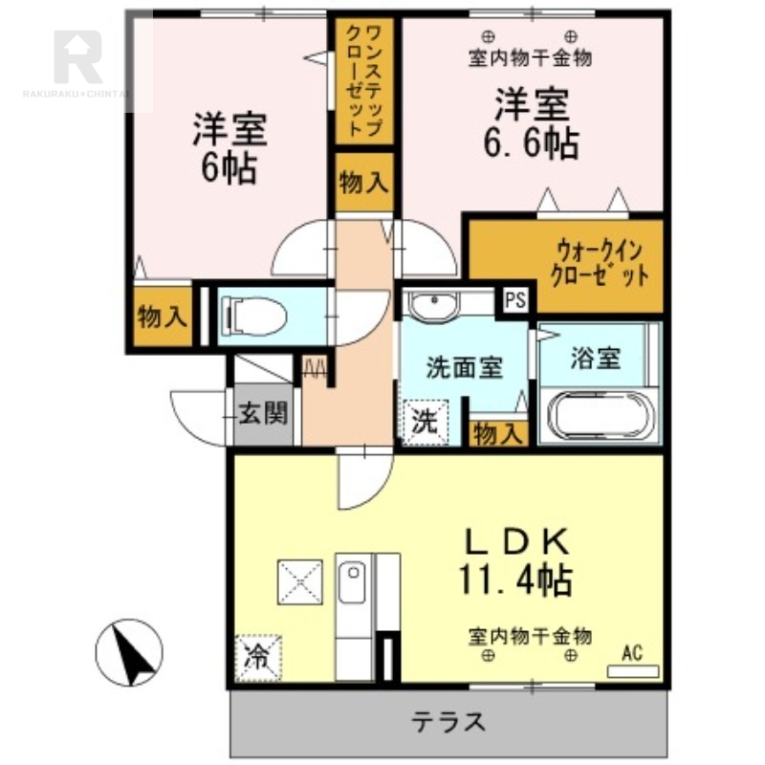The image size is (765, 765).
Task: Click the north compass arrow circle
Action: (129, 652)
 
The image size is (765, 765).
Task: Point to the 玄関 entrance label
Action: (263, 414)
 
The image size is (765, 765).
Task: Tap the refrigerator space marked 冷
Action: (258, 657)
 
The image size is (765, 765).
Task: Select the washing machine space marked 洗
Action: (426, 422)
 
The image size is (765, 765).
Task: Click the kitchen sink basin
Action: (351, 582)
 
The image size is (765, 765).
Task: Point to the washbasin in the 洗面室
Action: (434, 304)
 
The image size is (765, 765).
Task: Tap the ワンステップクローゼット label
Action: (364, 81)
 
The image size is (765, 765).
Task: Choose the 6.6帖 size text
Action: (532, 143)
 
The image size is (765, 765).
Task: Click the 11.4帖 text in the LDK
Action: (515, 579)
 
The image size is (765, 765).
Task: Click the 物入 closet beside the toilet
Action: (163, 317)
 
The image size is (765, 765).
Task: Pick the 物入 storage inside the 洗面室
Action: (498, 433)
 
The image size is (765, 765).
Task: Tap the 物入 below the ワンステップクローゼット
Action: (364, 182)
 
